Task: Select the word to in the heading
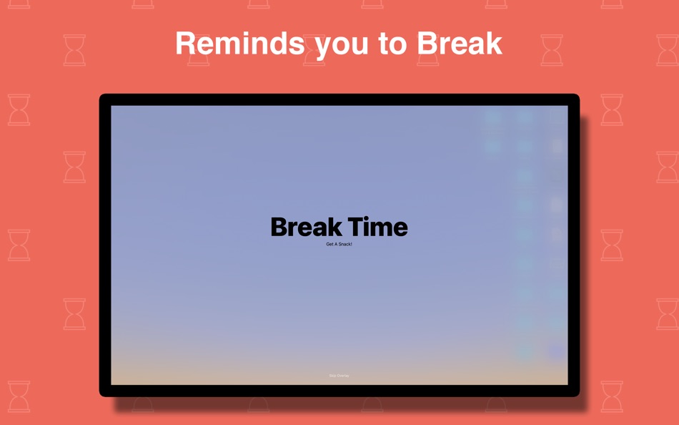pyautogui.click(x=392, y=44)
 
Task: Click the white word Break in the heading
pyautogui.click(x=459, y=43)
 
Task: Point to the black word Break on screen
pyautogui.click(x=305, y=228)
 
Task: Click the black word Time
pyautogui.click(x=377, y=228)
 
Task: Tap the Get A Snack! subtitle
pyautogui.click(x=339, y=245)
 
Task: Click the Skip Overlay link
pyautogui.click(x=339, y=376)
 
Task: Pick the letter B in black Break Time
pyautogui.click(x=279, y=228)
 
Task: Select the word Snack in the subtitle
pyautogui.click(x=344, y=245)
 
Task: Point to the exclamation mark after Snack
pyautogui.click(x=351, y=245)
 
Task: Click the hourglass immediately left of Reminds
pyautogui.click(x=74, y=50)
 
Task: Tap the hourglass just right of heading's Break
pyautogui.click(x=552, y=50)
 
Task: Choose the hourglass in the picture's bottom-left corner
pyautogui.click(x=19, y=396)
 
